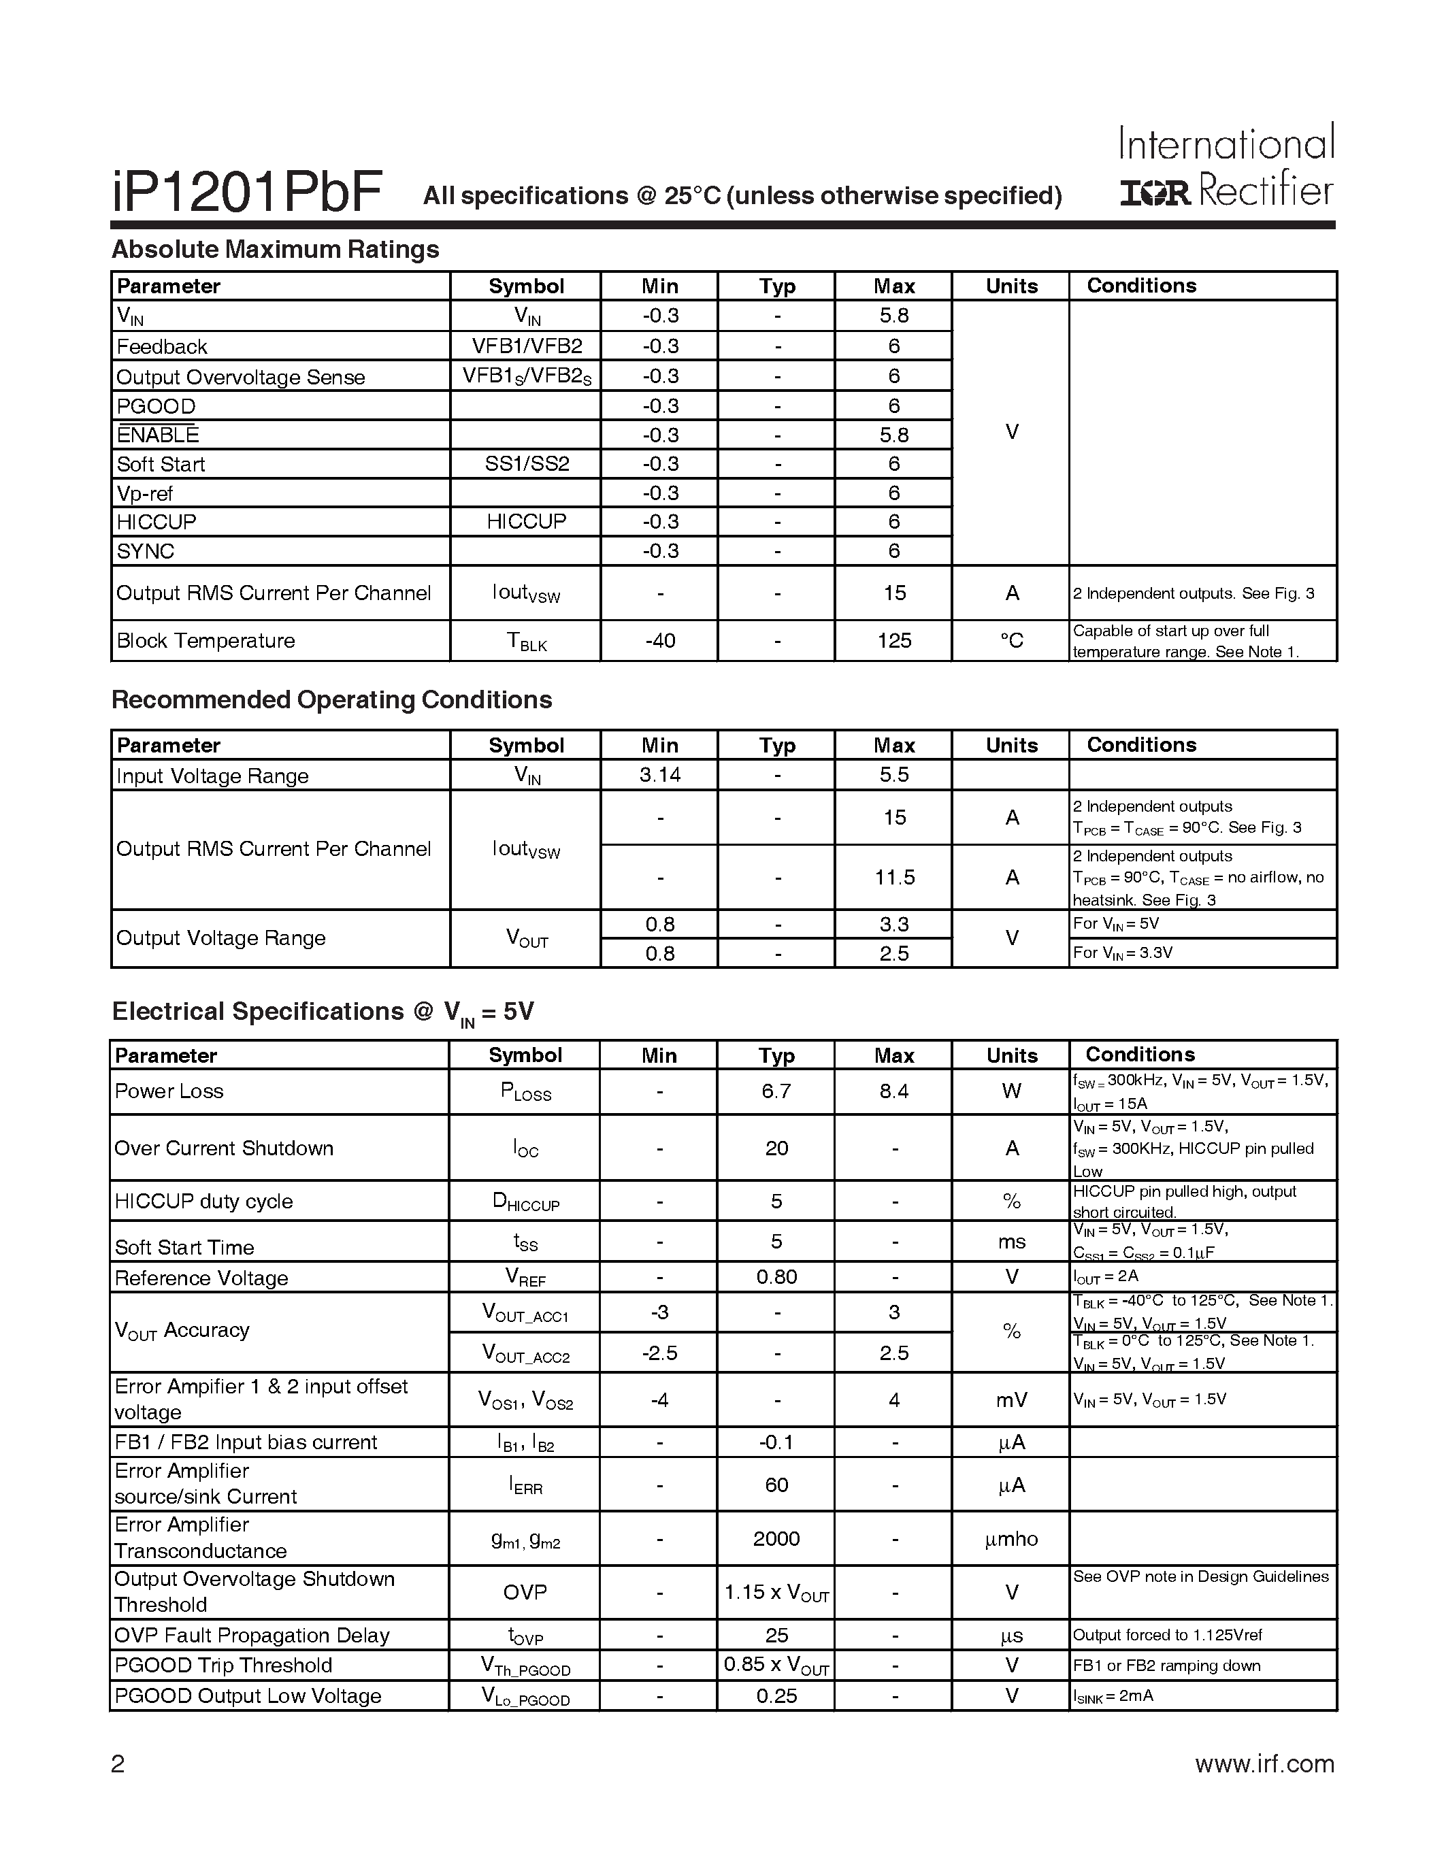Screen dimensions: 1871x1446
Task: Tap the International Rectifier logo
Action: tap(1227, 166)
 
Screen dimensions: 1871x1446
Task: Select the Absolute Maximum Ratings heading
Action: tap(275, 249)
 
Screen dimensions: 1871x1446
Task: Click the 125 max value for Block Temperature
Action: tap(893, 641)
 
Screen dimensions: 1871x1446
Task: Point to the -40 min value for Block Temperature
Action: tap(659, 641)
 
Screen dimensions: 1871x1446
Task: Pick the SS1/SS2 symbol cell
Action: tap(526, 464)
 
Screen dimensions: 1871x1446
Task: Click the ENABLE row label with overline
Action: tap(158, 434)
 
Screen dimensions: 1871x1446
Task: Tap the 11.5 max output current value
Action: tap(893, 877)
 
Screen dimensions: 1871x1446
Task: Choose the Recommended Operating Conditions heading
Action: tap(331, 700)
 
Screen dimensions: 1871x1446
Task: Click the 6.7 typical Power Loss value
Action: tap(776, 1091)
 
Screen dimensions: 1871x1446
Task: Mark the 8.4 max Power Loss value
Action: tap(893, 1091)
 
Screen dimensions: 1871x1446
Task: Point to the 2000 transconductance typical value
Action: tap(776, 1538)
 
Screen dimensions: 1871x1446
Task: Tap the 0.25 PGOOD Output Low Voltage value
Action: tap(776, 1696)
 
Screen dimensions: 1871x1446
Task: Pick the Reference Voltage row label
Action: tap(201, 1278)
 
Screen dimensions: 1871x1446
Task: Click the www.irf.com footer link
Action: tap(1264, 1764)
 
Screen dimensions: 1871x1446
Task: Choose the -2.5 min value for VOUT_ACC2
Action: tap(659, 1353)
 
